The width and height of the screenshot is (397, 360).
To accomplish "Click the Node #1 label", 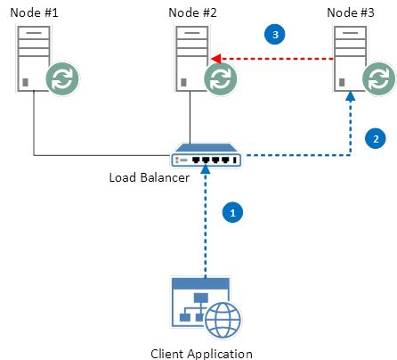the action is [x=34, y=12].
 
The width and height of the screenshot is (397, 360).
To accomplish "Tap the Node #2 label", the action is [x=192, y=12].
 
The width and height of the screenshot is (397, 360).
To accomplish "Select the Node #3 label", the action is [x=351, y=12].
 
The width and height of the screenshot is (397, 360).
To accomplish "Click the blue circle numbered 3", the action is [x=275, y=34].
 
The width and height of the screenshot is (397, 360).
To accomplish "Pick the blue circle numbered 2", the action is [x=376, y=138].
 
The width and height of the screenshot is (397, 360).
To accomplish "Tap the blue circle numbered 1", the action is [x=232, y=213].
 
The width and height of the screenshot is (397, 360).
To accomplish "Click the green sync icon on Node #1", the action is [x=62, y=78].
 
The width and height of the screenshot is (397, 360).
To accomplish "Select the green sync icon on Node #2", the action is [x=221, y=78].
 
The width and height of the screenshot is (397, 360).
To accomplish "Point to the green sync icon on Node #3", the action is [x=379, y=78].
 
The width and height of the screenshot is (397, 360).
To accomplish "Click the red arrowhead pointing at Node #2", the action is [x=216, y=59].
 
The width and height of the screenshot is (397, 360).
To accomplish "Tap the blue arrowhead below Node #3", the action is [x=351, y=96].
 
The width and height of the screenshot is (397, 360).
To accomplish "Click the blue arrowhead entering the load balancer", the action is [x=206, y=169].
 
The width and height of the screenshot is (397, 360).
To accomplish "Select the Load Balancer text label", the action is [x=150, y=177].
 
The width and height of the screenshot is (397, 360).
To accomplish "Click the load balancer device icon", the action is [x=207, y=155].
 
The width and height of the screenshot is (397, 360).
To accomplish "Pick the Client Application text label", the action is [x=201, y=354].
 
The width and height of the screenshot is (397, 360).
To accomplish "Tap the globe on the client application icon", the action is [x=223, y=320].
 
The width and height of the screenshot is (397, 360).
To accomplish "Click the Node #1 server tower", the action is [x=34, y=59].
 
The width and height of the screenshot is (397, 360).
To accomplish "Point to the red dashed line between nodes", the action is [x=272, y=59].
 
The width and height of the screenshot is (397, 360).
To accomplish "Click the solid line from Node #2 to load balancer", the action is [x=190, y=118].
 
